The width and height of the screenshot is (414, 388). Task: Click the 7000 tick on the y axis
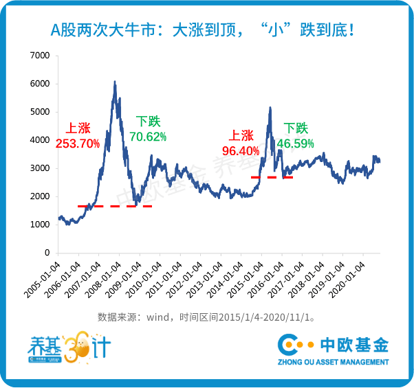[40, 56]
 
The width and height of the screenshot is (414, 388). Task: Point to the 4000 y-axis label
[40, 140]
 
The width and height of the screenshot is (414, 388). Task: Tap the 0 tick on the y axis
[47, 253]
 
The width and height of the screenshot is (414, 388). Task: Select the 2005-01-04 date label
[42, 280]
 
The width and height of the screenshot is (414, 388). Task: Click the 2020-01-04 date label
[347, 280]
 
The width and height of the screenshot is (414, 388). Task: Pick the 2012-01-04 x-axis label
[184, 280]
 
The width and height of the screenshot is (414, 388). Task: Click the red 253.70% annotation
[78, 144]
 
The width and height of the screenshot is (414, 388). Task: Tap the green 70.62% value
[148, 137]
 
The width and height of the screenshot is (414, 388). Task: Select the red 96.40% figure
[241, 151]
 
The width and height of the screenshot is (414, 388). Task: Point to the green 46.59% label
[295, 144]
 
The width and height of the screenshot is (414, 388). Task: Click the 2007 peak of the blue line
[115, 81]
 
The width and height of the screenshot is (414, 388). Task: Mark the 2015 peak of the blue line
[270, 107]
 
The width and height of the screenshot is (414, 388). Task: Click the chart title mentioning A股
[202, 30]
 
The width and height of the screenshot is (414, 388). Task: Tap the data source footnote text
[206, 317]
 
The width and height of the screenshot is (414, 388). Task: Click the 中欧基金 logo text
[354, 345]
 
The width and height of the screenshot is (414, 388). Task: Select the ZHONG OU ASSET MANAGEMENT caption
[334, 362]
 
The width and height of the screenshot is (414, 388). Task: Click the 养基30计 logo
[69, 347]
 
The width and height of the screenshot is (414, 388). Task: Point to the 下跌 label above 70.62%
[148, 122]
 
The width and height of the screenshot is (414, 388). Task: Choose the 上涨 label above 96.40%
[241, 136]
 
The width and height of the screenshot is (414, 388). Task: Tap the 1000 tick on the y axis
[40, 225]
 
